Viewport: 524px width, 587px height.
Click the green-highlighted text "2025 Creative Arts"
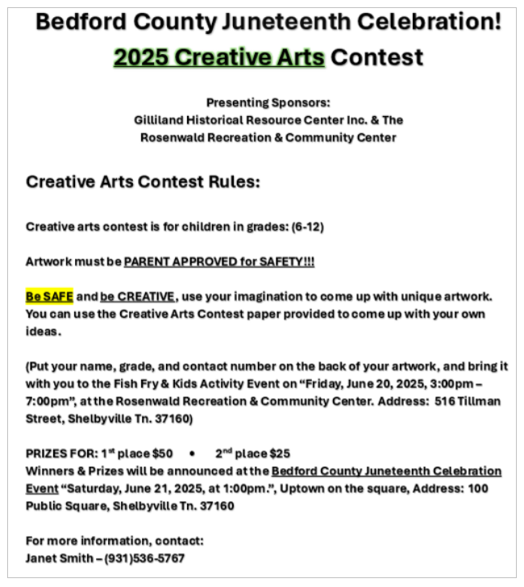tap(219, 58)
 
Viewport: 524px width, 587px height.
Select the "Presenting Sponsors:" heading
tap(268, 102)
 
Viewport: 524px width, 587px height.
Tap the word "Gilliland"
tap(160, 119)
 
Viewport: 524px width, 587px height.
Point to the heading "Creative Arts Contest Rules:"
tap(143, 182)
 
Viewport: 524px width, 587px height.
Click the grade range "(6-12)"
tap(307, 227)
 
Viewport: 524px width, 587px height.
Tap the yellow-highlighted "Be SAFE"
tap(49, 297)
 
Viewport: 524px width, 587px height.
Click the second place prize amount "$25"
tap(280, 453)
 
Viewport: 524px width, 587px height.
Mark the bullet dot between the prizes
tap(193, 453)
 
